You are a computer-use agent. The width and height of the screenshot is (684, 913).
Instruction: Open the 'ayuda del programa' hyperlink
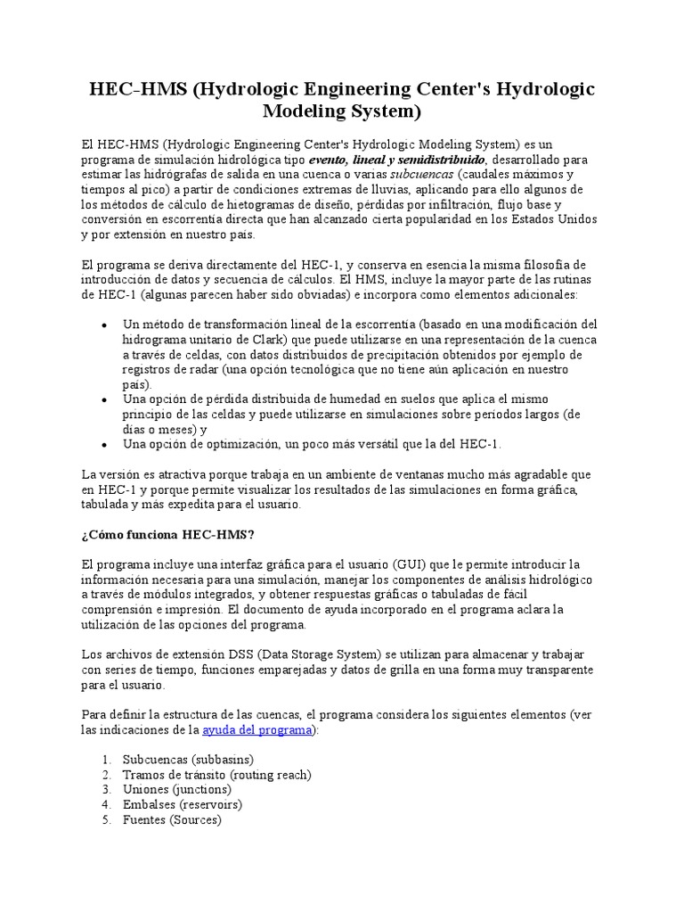(x=256, y=730)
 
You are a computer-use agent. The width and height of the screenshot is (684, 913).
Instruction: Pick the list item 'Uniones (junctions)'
(x=176, y=789)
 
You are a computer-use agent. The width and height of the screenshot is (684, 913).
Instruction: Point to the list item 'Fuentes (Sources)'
(x=171, y=819)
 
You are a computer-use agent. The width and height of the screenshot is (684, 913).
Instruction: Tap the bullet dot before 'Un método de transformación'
(x=106, y=325)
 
